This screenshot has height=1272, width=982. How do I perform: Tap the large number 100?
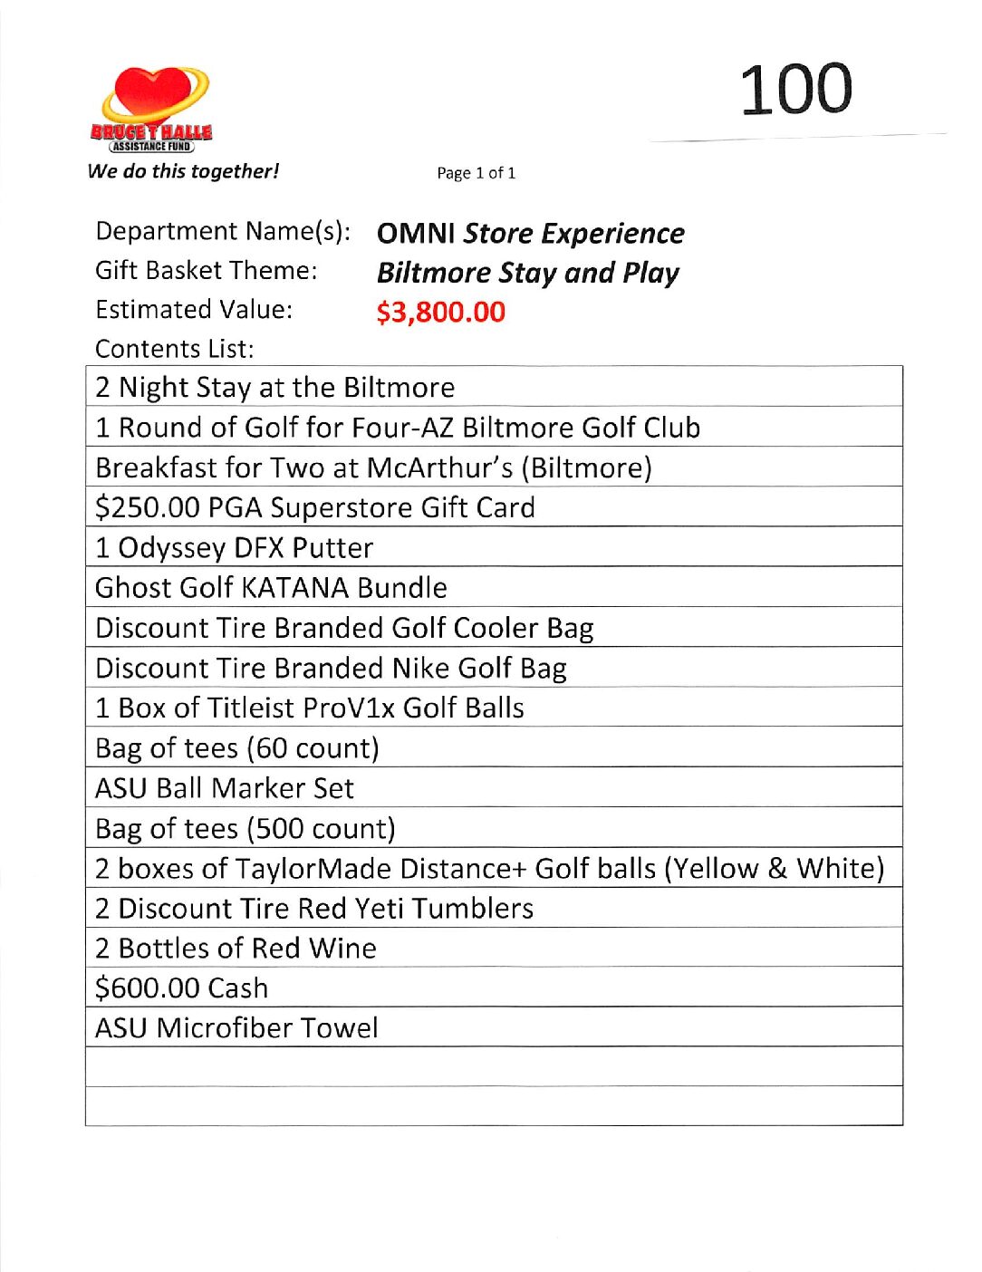pyautogui.click(x=796, y=90)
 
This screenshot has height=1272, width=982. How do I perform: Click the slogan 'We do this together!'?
pyautogui.click(x=183, y=171)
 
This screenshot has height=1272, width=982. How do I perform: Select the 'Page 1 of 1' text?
pyautogui.click(x=476, y=173)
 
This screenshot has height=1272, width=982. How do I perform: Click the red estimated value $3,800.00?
pyautogui.click(x=440, y=313)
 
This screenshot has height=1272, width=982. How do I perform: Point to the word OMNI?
pyautogui.click(x=416, y=234)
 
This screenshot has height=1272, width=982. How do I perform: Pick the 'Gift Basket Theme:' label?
pyautogui.click(x=206, y=270)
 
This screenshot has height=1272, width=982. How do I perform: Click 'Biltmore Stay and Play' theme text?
pyautogui.click(x=527, y=273)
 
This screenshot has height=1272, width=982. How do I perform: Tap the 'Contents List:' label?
pyautogui.click(x=174, y=349)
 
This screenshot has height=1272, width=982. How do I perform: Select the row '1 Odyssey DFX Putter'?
pyautogui.click(x=234, y=548)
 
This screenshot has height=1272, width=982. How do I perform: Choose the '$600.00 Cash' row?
pyautogui.click(x=181, y=988)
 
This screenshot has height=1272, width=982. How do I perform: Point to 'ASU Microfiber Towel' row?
pyautogui.click(x=236, y=1027)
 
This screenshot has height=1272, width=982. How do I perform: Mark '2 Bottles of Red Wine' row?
pyautogui.click(x=236, y=948)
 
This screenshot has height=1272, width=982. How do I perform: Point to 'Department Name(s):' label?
pyautogui.click(x=222, y=231)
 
